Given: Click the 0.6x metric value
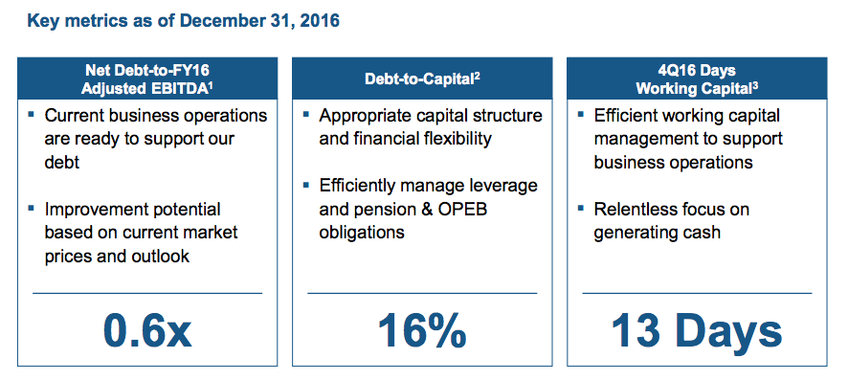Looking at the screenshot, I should click(x=147, y=331).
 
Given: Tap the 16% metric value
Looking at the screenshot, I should click(x=422, y=331).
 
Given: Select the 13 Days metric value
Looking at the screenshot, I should click(x=697, y=331).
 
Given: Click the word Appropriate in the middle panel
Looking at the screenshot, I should click(x=367, y=116).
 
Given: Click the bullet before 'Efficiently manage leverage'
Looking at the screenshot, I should click(x=305, y=185).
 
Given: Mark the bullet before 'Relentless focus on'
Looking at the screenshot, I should click(x=580, y=209).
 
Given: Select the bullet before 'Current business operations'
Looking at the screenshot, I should click(x=32, y=116).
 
